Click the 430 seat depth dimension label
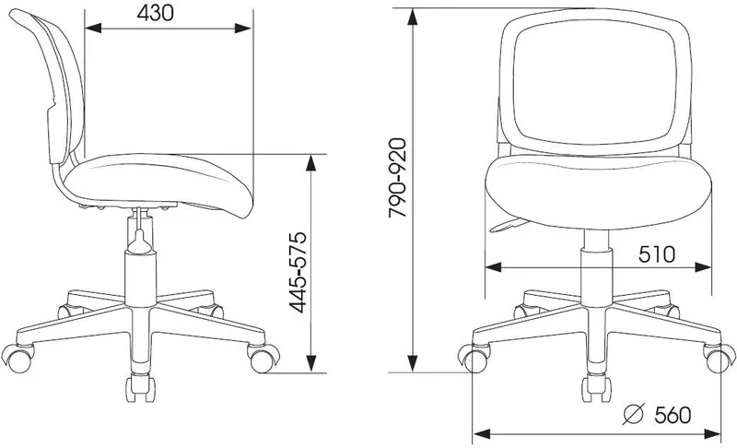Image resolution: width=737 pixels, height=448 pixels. tap(155, 13)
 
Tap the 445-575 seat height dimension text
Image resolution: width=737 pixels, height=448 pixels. tap(298, 272)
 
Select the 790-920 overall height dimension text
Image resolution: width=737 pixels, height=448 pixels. tap(398, 178)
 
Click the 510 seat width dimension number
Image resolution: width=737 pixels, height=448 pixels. tap(657, 254)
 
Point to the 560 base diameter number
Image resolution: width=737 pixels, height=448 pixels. tap(673, 415)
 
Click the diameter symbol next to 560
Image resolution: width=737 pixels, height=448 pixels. tap(633, 414)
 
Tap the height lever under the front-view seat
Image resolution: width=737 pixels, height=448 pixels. tap(509, 226)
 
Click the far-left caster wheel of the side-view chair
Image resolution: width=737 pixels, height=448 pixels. tap(18, 359)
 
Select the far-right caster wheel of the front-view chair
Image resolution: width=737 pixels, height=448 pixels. tap(719, 359)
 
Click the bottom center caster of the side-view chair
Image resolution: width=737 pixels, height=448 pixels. tap(140, 388)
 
